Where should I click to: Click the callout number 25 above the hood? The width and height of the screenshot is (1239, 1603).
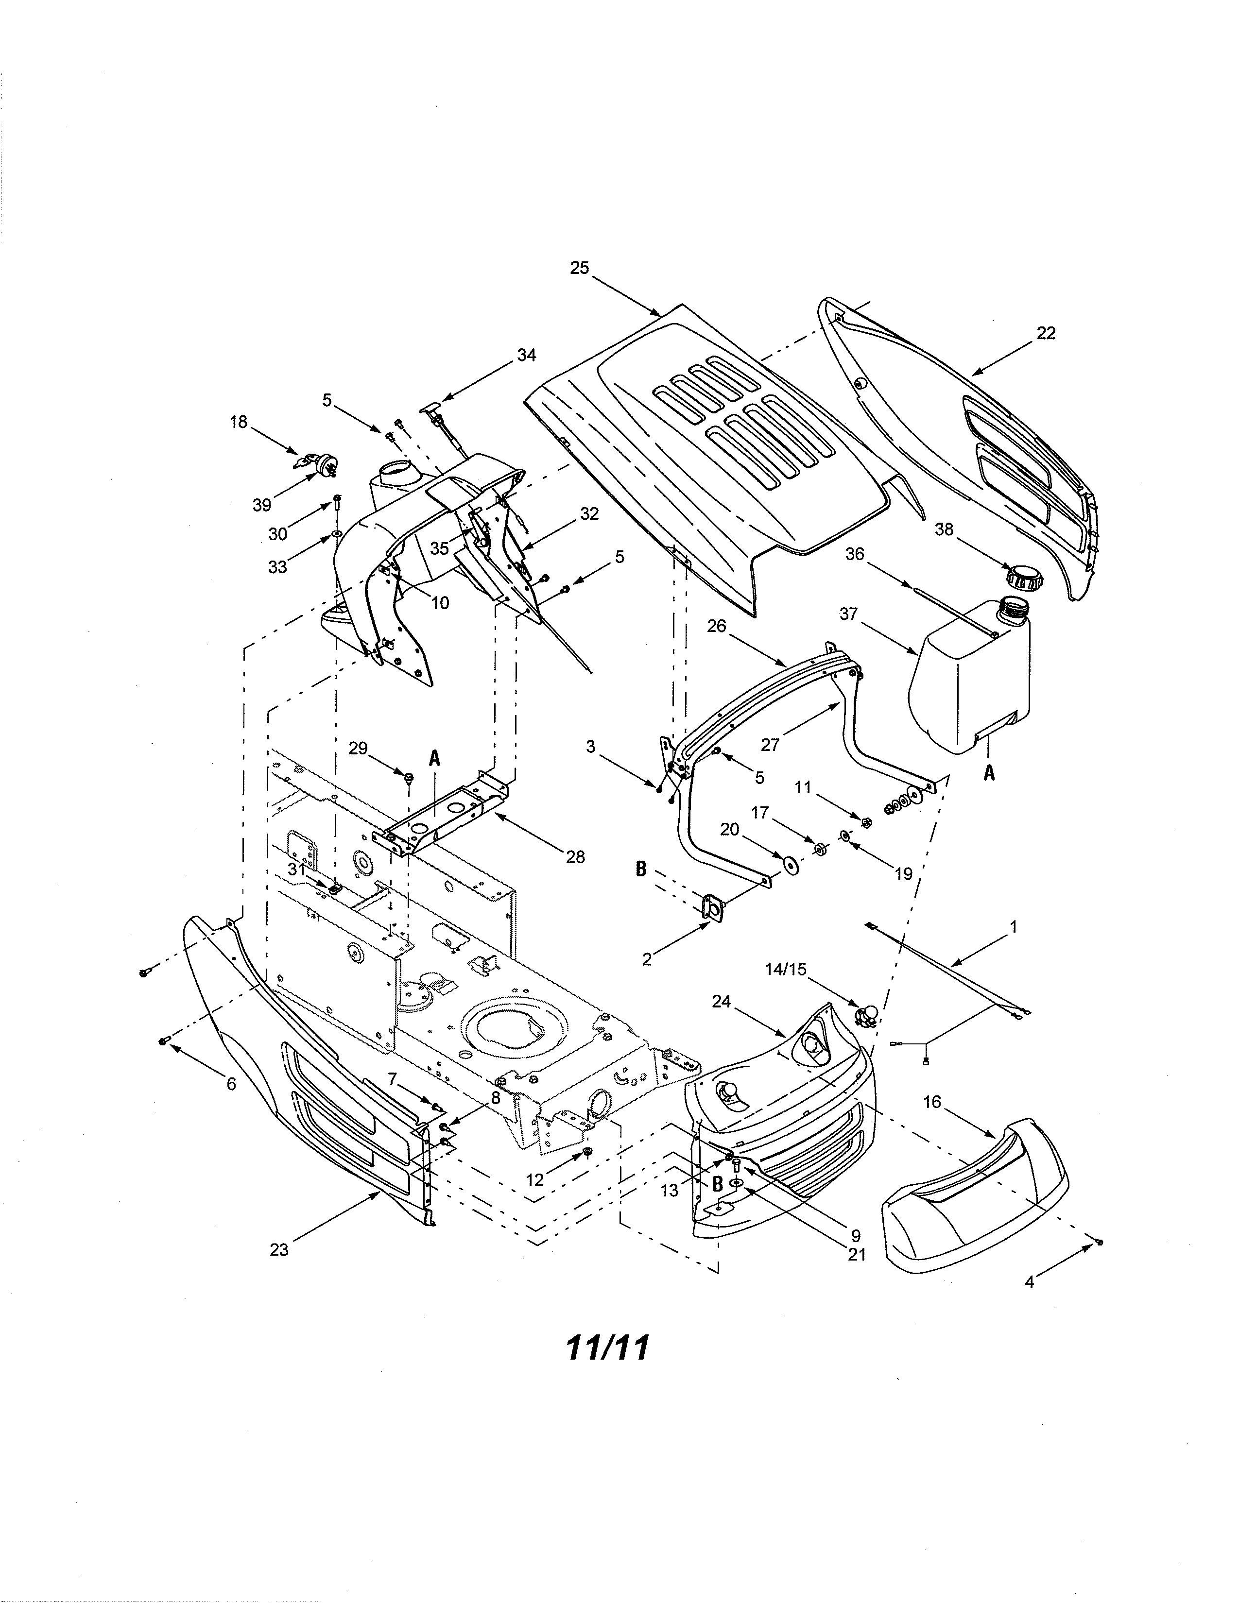[x=579, y=269]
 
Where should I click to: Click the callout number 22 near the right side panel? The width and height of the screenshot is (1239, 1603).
[x=1046, y=333]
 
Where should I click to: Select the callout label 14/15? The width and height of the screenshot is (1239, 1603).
[x=785, y=970]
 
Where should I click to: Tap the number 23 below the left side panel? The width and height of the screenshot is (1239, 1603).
[x=279, y=1249]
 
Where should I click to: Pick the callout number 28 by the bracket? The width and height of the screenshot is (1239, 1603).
[x=575, y=856]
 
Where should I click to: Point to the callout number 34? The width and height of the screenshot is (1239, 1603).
[x=526, y=355]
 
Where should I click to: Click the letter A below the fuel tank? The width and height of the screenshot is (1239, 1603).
[x=989, y=772]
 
